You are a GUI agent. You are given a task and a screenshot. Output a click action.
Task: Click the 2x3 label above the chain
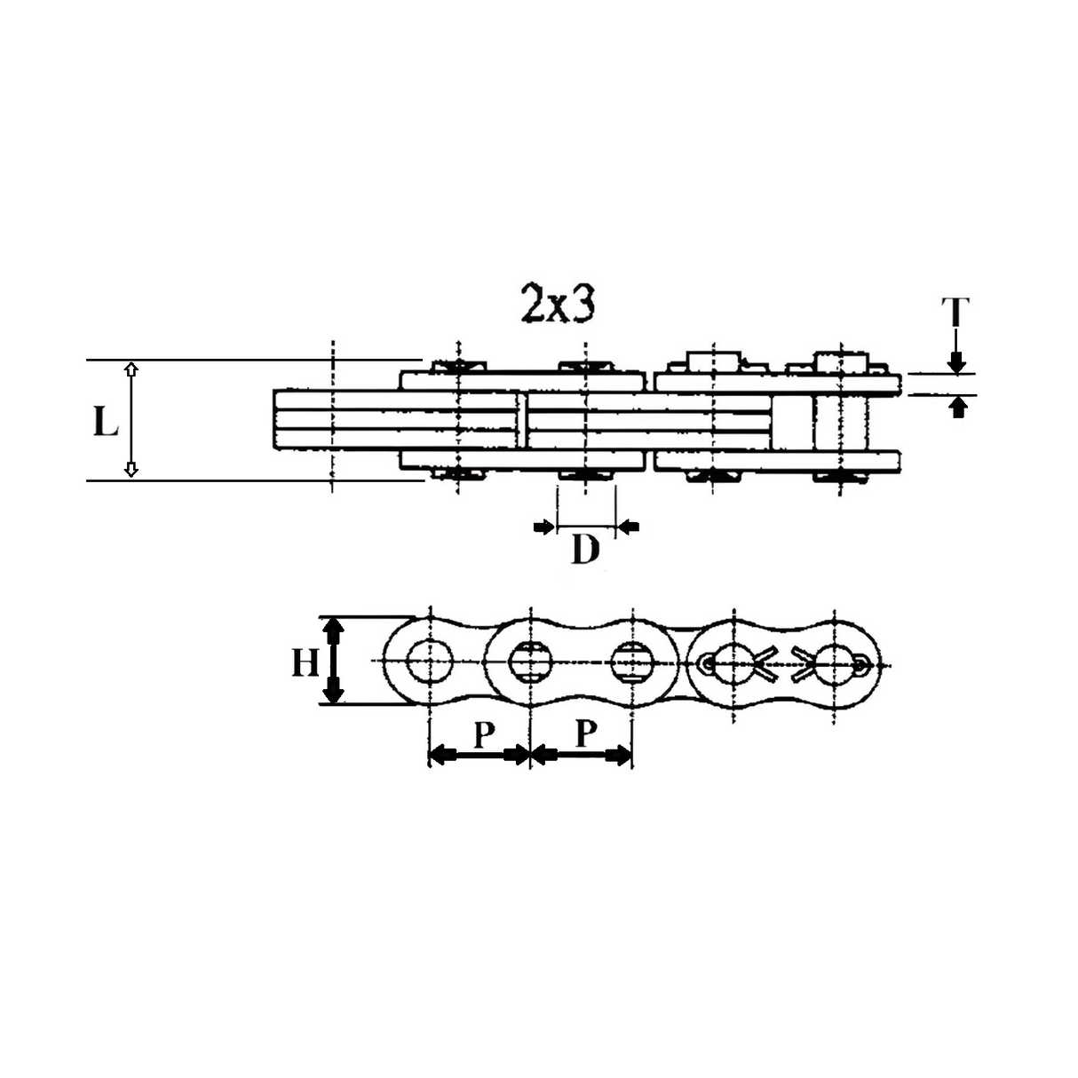pyautogui.click(x=557, y=305)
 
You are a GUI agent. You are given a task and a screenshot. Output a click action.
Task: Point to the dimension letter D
pyautogui.click(x=584, y=551)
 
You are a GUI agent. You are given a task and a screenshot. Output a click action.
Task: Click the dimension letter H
pyautogui.click(x=305, y=662)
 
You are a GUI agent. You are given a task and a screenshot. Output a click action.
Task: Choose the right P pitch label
pyautogui.click(x=584, y=734)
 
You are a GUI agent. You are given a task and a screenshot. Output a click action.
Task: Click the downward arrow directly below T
pyautogui.click(x=955, y=359)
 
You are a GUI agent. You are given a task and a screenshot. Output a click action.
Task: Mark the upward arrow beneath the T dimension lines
pyautogui.click(x=956, y=408)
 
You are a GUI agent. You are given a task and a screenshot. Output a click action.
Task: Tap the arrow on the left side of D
pyautogui.click(x=543, y=528)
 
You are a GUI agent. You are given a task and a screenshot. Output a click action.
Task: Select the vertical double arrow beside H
pyautogui.click(x=333, y=660)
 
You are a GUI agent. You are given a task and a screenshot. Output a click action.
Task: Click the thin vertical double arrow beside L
pyautogui.click(x=131, y=420)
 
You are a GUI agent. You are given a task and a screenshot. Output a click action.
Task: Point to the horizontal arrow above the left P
pyautogui.click(x=480, y=756)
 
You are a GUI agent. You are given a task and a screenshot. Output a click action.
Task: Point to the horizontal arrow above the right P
pyautogui.click(x=582, y=756)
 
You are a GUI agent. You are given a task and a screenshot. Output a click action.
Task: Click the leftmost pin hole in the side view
pyautogui.click(x=429, y=662)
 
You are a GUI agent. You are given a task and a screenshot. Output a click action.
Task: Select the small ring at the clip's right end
pyautogui.click(x=860, y=661)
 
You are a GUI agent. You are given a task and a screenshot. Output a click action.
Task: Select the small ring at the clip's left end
pyautogui.click(x=707, y=662)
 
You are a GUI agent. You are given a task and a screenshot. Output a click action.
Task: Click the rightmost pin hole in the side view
pyautogui.click(x=835, y=661)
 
